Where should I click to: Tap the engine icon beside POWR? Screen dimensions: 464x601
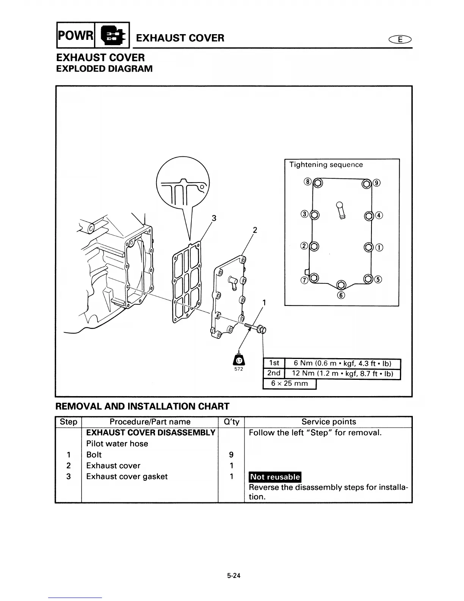click(x=112, y=36)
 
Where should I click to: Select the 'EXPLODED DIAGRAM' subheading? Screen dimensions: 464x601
click(x=104, y=69)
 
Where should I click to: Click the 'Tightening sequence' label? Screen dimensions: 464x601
click(x=326, y=165)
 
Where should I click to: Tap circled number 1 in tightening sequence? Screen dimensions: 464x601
click(x=379, y=248)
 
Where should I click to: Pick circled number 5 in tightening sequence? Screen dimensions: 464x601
click(x=378, y=280)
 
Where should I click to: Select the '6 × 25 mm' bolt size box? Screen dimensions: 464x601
click(x=289, y=384)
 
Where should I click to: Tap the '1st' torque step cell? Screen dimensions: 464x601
click(x=273, y=363)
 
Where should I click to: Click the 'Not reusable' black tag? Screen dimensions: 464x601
click(x=275, y=477)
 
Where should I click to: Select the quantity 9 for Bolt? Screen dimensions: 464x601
click(x=231, y=455)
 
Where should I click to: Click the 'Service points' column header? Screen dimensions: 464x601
click(x=329, y=422)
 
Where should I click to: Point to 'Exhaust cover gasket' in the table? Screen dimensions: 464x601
click(x=127, y=477)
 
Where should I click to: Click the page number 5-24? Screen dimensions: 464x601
click(x=234, y=576)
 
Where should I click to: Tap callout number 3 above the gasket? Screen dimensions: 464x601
click(x=214, y=218)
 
